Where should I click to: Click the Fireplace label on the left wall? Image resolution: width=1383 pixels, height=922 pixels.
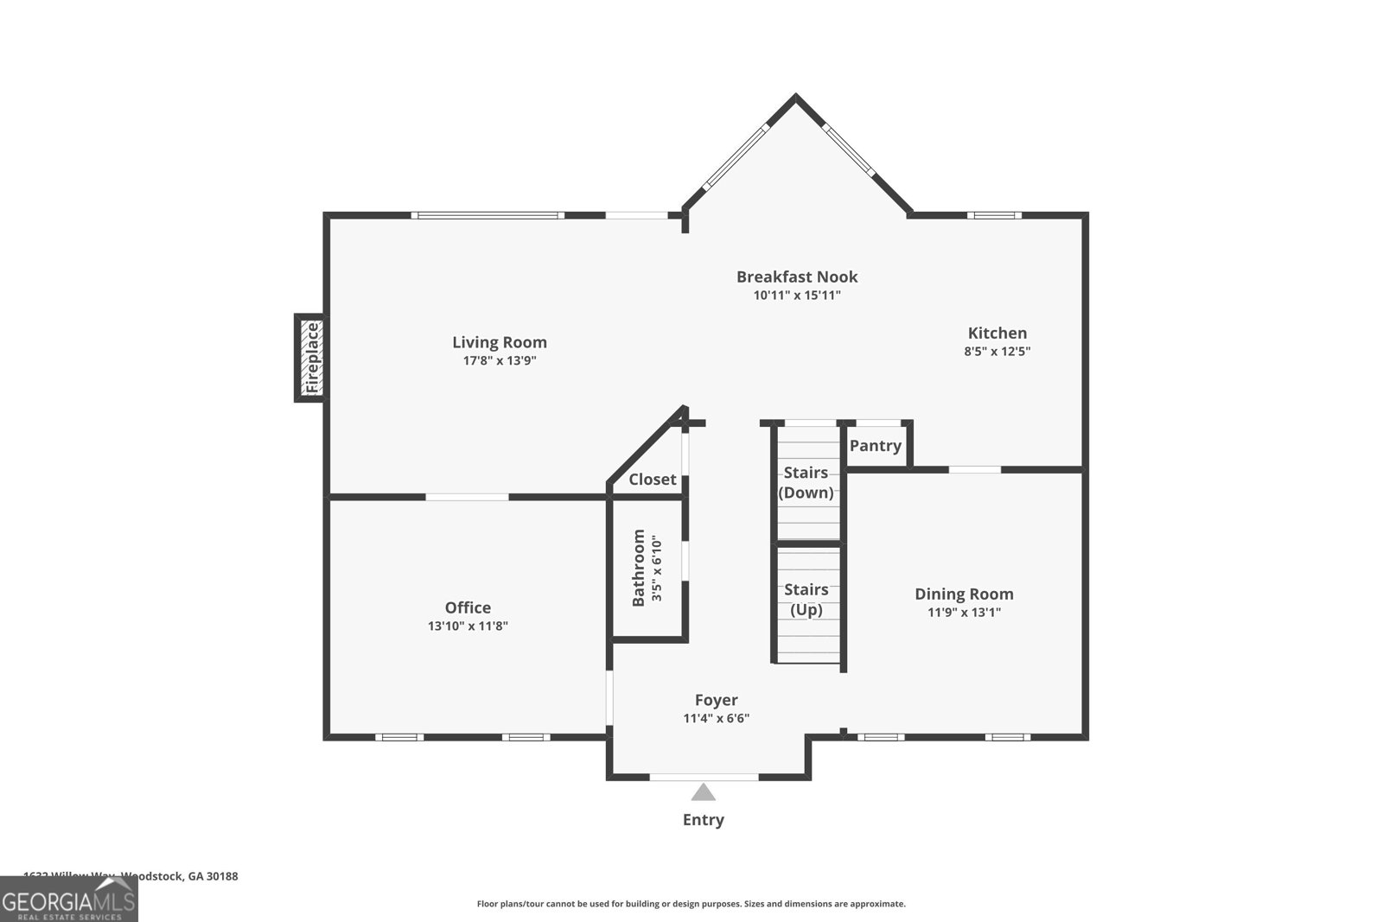tap(312, 358)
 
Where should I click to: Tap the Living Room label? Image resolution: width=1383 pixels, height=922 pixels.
tap(500, 342)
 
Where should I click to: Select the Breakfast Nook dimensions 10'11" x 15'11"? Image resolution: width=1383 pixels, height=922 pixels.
tap(797, 296)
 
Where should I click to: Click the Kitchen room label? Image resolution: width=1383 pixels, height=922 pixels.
tap(997, 333)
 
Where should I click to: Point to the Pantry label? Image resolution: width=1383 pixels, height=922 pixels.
tap(875, 446)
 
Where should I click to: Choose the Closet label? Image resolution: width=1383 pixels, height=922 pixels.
tap(652, 480)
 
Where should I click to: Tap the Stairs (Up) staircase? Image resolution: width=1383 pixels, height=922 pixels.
tap(806, 605)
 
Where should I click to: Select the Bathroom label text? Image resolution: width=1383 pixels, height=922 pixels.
tap(639, 568)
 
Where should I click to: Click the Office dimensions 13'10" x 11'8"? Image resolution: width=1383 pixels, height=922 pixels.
tap(468, 626)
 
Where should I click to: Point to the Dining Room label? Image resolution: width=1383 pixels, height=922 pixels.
tap(964, 594)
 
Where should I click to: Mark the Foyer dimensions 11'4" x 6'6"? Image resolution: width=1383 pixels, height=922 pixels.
tap(716, 719)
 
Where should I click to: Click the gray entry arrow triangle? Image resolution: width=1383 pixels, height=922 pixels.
tap(703, 792)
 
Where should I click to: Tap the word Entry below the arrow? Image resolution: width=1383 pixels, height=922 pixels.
tap(703, 820)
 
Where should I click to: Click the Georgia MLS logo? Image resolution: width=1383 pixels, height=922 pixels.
tap(68, 900)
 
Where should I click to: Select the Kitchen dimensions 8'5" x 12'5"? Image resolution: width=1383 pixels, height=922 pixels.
tap(997, 352)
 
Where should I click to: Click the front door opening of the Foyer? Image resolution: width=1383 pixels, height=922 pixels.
tap(704, 777)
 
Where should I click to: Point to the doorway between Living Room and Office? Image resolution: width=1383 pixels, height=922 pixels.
tap(467, 497)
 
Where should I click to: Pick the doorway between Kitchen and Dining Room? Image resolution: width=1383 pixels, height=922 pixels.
tap(975, 469)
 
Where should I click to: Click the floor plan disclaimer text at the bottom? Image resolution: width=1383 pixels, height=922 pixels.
tap(691, 904)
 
